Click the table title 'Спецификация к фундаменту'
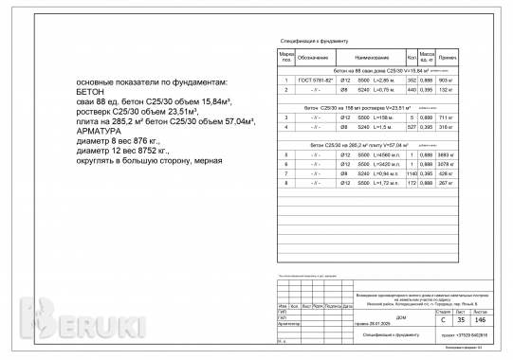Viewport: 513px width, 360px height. click(x=316, y=42)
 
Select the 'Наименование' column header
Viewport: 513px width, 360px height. click(x=366, y=59)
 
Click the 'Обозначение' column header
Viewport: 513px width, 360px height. click(x=313, y=59)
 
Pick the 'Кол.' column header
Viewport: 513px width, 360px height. click(x=412, y=59)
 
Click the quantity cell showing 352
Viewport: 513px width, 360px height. click(x=412, y=81)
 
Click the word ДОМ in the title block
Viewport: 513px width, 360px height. click(x=375, y=317)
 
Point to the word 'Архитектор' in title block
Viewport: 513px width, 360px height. click(x=286, y=323)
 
